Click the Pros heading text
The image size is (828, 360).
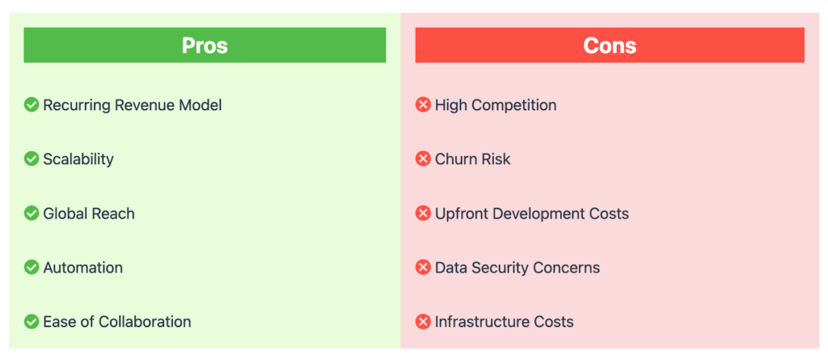pyautogui.click(x=205, y=45)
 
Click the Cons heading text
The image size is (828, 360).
pyautogui.click(x=610, y=45)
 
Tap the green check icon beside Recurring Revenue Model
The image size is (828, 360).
pyautogui.click(x=32, y=105)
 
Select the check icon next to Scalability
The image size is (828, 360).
pyautogui.click(x=32, y=159)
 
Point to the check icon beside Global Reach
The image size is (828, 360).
pyautogui.click(x=32, y=214)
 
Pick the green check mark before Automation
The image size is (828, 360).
pyautogui.click(x=32, y=268)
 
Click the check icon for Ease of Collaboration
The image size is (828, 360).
pyautogui.click(x=32, y=321)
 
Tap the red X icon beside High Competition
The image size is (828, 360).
pyautogui.click(x=423, y=105)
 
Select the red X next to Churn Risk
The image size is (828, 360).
pyautogui.click(x=423, y=159)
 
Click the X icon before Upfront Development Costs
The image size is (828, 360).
pyautogui.click(x=423, y=214)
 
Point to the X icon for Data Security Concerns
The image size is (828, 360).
pyautogui.click(x=423, y=268)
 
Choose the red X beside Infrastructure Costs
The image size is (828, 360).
pyautogui.click(x=423, y=321)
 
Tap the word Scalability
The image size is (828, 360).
pyautogui.click(x=78, y=159)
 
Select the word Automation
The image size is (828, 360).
pyautogui.click(x=83, y=268)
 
